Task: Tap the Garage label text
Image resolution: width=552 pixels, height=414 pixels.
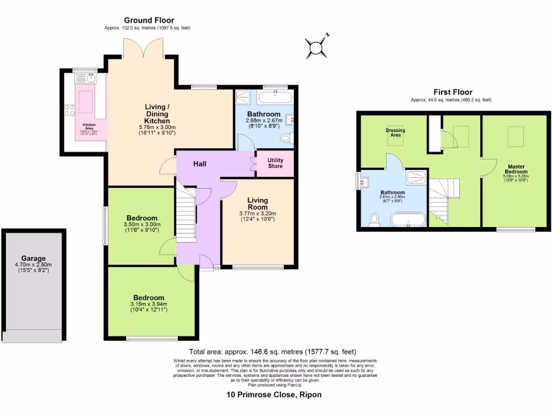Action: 33,258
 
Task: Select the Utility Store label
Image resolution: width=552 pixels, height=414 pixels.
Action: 275,163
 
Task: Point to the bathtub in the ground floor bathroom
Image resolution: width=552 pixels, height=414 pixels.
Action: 275,98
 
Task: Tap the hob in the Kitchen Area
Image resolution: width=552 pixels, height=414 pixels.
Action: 70,111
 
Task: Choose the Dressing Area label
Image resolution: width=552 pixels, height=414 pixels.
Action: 396,133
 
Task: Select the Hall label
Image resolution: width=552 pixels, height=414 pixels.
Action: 200,163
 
